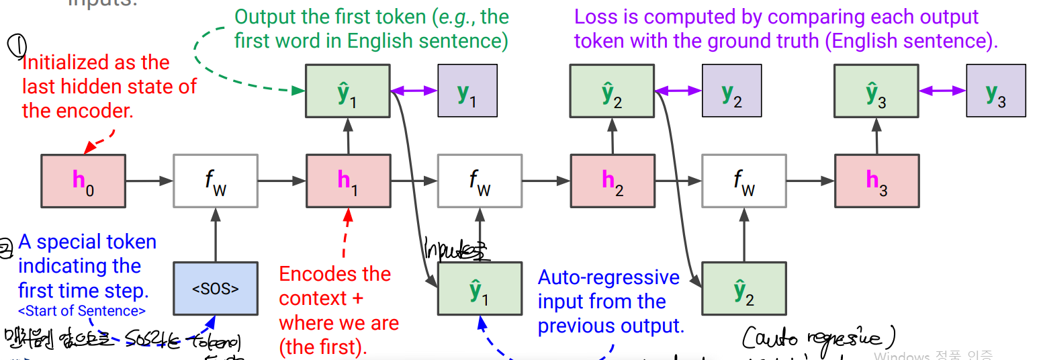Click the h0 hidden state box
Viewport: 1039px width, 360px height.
pyautogui.click(x=83, y=180)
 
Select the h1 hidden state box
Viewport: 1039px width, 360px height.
pyautogui.click(x=348, y=180)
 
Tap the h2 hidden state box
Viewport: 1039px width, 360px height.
pyautogui.click(x=612, y=180)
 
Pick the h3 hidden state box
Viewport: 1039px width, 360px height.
pyautogui.click(x=876, y=180)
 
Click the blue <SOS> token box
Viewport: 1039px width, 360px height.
pyautogui.click(x=215, y=289)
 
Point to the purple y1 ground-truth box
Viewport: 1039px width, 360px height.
pyautogui.click(x=467, y=91)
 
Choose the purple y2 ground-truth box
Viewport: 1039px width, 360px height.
pyautogui.click(x=731, y=91)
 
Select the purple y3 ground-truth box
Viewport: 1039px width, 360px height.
pyautogui.click(x=995, y=91)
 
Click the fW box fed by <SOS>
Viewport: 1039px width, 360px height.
pyautogui.click(x=215, y=180)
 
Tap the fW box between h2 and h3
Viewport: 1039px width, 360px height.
pyautogui.click(x=743, y=180)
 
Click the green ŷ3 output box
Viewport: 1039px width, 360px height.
pyautogui.click(x=876, y=91)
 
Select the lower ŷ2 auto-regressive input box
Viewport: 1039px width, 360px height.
pyautogui.click(x=743, y=289)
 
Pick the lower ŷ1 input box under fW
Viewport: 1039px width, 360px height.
pyautogui.click(x=480, y=289)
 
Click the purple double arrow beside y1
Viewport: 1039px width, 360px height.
pyautogui.click(x=414, y=91)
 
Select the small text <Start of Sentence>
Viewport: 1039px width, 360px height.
pyautogui.click(x=82, y=311)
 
